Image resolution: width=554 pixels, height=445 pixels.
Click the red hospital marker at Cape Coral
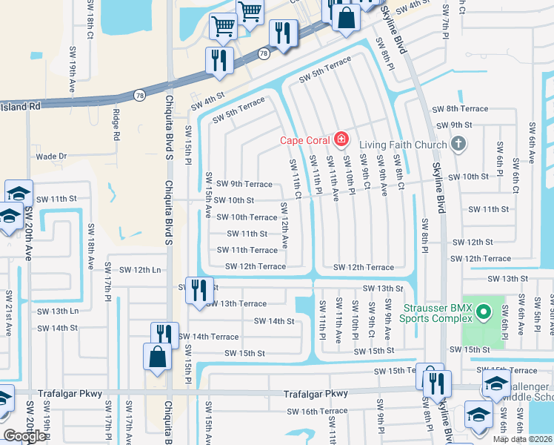pos(341,139)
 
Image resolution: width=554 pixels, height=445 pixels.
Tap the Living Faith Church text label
pos(403,145)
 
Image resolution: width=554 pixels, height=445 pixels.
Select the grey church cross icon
pos(458,144)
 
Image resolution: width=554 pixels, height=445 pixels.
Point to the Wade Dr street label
pos(52,156)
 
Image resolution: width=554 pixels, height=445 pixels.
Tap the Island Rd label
pos(20,107)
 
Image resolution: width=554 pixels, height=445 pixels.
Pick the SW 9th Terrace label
pos(244,184)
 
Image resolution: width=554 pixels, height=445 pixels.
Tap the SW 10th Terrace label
pos(247,217)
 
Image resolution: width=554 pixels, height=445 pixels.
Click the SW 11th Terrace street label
pos(247,251)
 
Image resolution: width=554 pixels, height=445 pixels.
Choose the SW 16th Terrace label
pos(317,411)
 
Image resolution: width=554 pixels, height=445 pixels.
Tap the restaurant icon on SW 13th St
pos(198,289)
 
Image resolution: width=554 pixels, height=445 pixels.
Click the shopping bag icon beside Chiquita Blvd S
pos(158,356)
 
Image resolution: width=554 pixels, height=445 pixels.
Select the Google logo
pos(24,436)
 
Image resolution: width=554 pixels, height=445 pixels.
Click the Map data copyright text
pos(523,439)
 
